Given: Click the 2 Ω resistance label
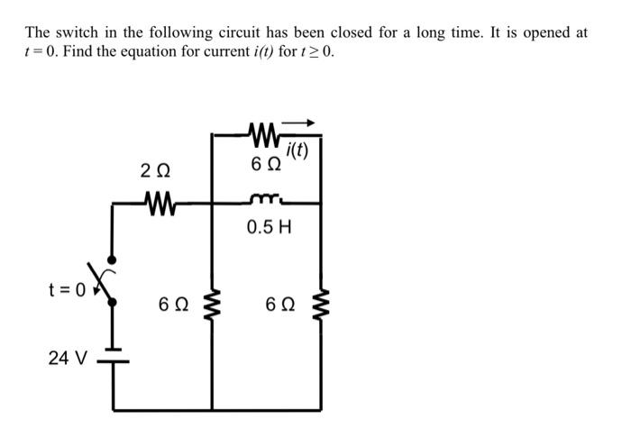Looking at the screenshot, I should (x=154, y=168).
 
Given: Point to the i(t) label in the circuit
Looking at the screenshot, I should (x=297, y=150).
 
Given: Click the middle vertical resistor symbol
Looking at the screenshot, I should (x=214, y=306).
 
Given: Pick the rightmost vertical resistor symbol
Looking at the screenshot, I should (x=322, y=306).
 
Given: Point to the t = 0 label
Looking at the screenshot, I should (x=68, y=289).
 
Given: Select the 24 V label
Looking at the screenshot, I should (x=68, y=359).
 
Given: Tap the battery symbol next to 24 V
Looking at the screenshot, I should (x=112, y=358).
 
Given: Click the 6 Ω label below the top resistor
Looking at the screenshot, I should (x=267, y=165).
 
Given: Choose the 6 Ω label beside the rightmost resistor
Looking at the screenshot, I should (x=283, y=306).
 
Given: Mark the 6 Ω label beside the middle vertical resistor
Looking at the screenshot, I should (x=174, y=306).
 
